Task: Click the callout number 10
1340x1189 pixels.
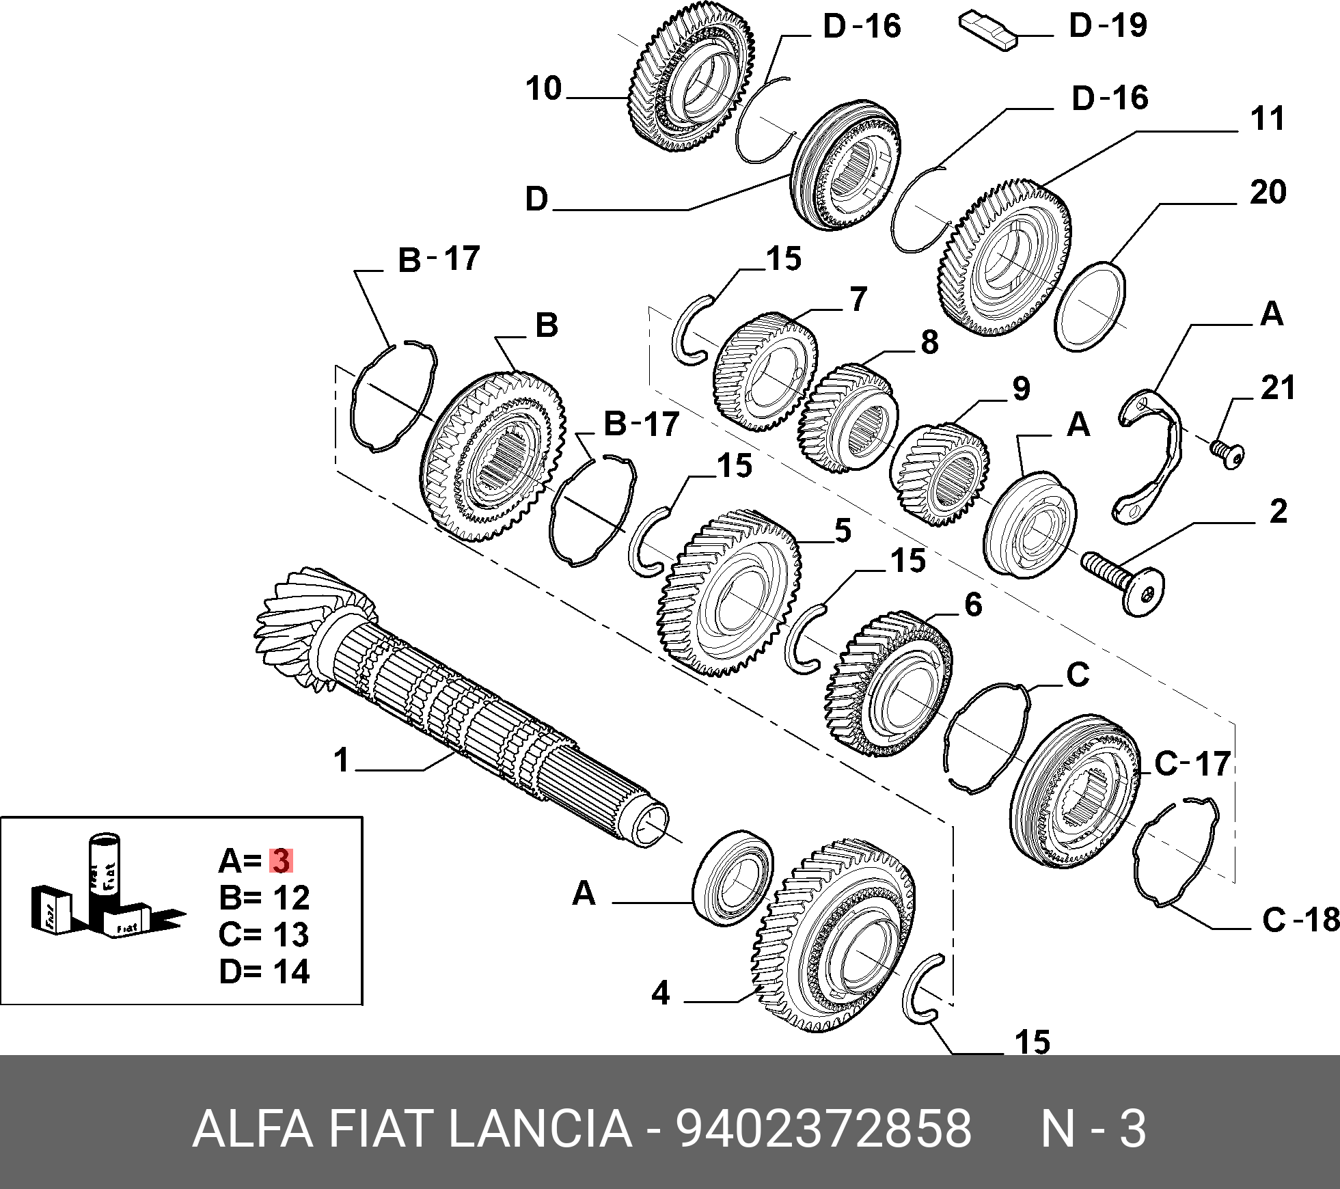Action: click(544, 89)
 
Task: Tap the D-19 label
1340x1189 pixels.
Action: click(1108, 26)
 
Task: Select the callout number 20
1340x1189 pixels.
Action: click(1268, 193)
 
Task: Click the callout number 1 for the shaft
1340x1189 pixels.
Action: click(342, 760)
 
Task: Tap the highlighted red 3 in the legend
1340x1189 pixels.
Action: click(281, 861)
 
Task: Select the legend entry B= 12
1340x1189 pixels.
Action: click(264, 898)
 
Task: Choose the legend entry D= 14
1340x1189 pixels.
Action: click(264, 972)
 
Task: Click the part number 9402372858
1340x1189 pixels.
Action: click(823, 1129)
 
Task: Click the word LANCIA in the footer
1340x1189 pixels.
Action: click(540, 1129)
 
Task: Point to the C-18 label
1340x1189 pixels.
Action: click(1300, 920)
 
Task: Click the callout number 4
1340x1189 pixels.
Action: click(660, 993)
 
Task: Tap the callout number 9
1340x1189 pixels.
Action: click(1021, 389)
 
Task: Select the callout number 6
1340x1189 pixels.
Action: click(973, 605)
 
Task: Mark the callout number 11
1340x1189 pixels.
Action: click(1267, 119)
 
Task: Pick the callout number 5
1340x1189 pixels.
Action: click(843, 531)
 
